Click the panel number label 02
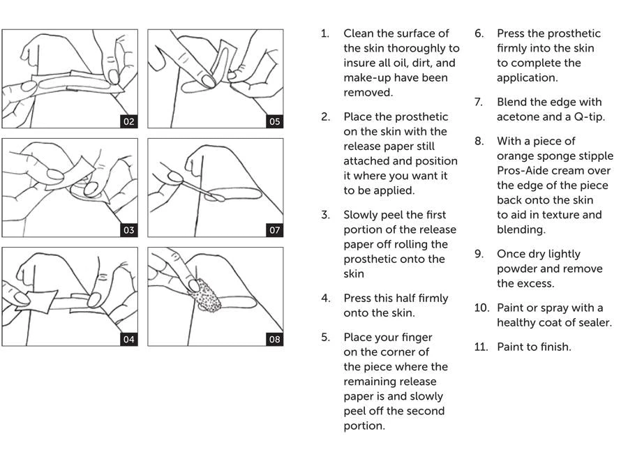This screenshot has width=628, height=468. pyautogui.click(x=128, y=121)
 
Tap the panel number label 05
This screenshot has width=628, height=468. pyautogui.click(x=274, y=121)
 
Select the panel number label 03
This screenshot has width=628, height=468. pyautogui.click(x=128, y=230)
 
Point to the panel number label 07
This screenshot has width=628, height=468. pyautogui.click(x=274, y=230)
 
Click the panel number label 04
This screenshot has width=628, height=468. pyautogui.click(x=128, y=340)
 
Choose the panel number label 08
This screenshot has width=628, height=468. pyautogui.click(x=274, y=340)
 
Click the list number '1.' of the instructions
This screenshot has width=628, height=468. pyautogui.click(x=325, y=33)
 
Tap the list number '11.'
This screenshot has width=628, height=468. pyautogui.click(x=481, y=347)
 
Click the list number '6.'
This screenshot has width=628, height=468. pyautogui.click(x=479, y=33)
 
